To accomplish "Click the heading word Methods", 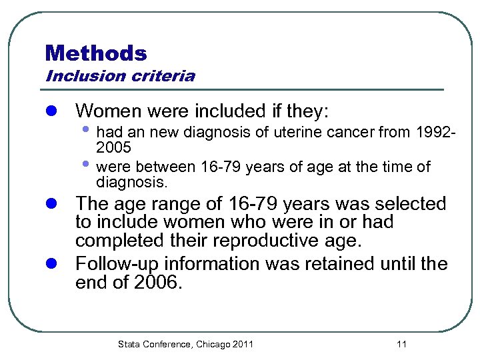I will (x=96, y=53).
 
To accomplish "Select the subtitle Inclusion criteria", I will (x=120, y=76).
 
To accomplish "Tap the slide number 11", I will (x=401, y=344).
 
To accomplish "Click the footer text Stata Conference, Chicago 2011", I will (x=185, y=344).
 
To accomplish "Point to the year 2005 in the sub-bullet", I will (x=113, y=147).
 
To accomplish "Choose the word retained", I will (x=340, y=264).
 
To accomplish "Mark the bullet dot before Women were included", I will (x=53, y=110).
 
